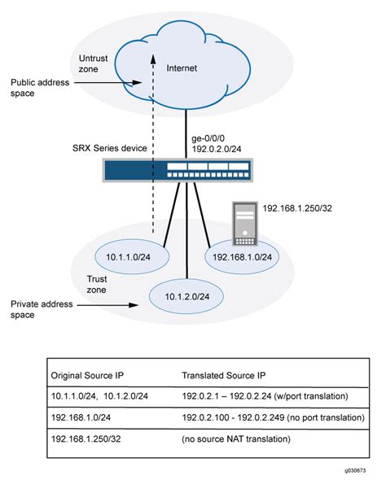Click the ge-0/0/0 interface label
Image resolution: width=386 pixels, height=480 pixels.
point(212,138)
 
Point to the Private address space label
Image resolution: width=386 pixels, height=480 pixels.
point(42,310)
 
